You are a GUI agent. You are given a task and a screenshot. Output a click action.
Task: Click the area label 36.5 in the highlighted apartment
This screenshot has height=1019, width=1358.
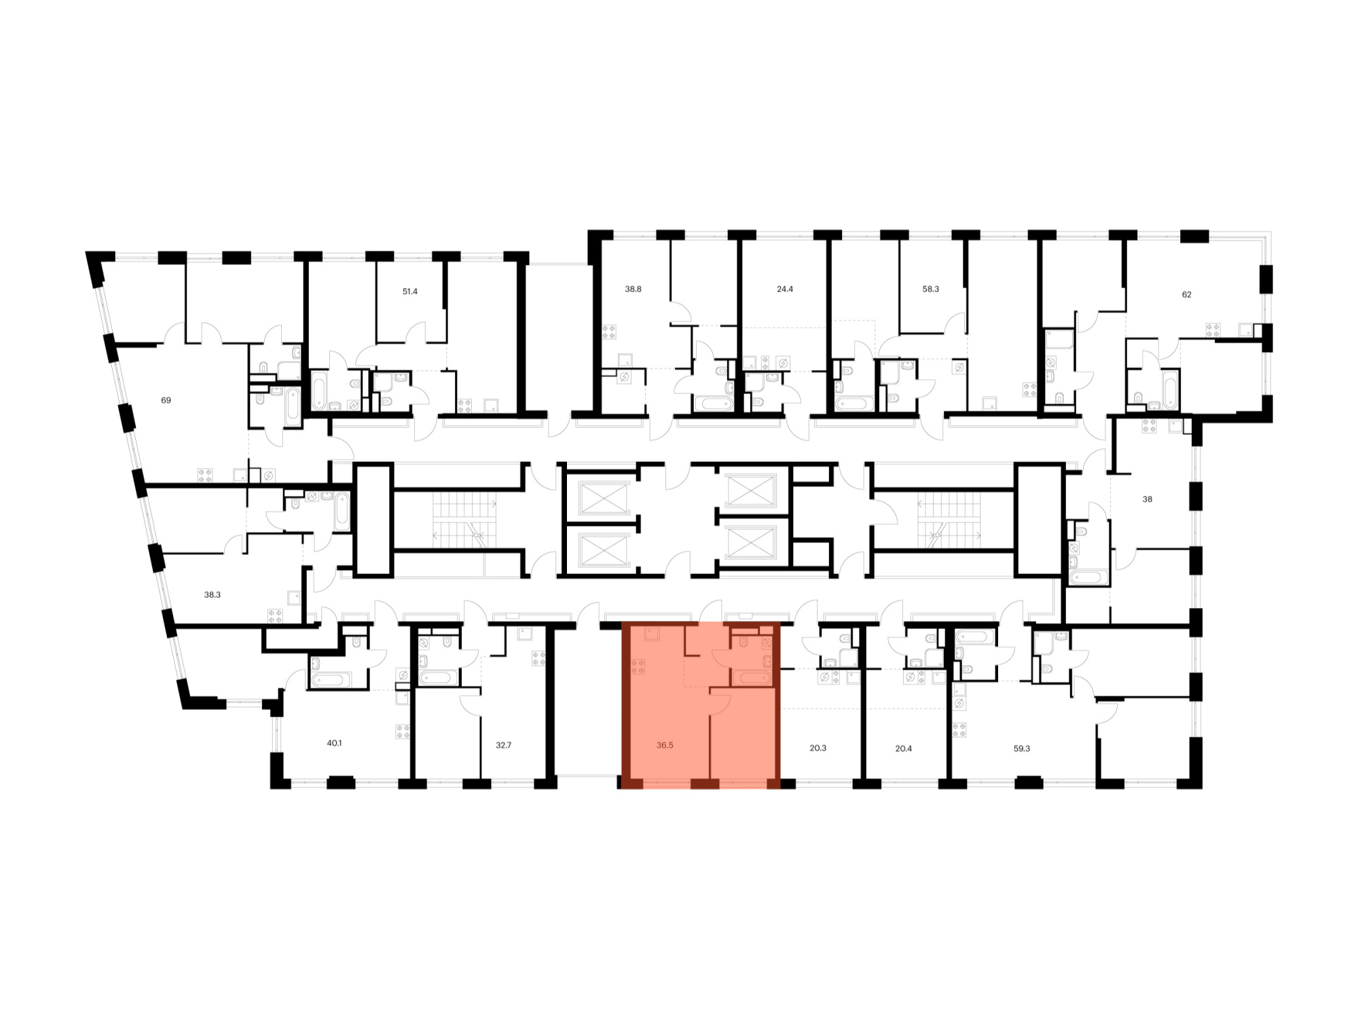[x=665, y=745]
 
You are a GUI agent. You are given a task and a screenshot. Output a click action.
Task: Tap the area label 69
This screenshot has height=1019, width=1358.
[x=166, y=400]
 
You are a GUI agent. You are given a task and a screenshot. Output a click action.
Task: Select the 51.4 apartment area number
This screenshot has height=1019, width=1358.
[x=410, y=291]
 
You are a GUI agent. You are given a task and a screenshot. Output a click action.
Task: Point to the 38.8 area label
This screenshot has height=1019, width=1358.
[x=633, y=289]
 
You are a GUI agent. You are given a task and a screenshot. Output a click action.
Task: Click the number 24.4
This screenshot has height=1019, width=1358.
[x=785, y=289]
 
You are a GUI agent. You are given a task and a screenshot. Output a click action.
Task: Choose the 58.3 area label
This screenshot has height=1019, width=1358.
[x=930, y=289]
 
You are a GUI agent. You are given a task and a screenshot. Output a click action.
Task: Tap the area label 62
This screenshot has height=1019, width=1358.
[x=1186, y=294]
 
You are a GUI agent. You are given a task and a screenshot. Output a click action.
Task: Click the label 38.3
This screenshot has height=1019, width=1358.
[x=213, y=594]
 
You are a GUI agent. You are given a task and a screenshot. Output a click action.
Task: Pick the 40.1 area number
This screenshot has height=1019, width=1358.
[x=334, y=743]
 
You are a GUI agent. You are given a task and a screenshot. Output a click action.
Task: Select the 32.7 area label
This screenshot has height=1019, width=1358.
[x=503, y=745]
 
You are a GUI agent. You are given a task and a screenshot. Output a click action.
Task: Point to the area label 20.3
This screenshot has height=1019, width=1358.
[x=818, y=748]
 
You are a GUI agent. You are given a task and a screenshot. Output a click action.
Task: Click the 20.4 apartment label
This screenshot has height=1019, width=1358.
[x=904, y=749]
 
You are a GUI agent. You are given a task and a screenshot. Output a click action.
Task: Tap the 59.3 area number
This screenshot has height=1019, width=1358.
[x=1022, y=749]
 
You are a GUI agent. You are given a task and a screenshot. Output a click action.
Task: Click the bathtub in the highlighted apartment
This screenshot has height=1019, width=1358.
[x=752, y=677]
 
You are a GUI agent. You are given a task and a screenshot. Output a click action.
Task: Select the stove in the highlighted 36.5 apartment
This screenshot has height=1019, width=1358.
[x=638, y=667]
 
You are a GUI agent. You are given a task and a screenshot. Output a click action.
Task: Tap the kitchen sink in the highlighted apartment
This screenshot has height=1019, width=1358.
[x=653, y=634]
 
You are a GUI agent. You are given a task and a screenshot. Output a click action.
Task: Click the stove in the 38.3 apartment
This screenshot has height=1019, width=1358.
[x=275, y=616]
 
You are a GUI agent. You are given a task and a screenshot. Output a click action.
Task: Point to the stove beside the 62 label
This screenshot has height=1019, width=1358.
[x=1213, y=331]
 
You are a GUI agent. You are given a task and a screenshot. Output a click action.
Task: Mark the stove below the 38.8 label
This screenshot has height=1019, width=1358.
[x=609, y=332]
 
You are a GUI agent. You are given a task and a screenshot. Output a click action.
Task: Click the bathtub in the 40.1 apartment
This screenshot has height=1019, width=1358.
[x=331, y=679]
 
